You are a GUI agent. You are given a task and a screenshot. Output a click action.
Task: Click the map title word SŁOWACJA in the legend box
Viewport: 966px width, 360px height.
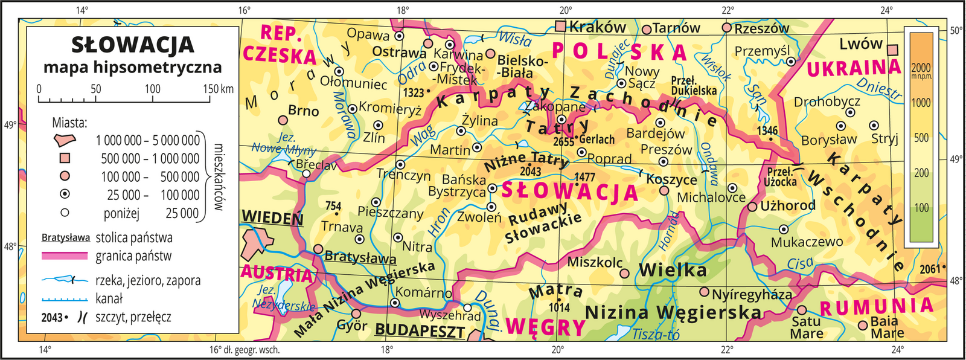133,44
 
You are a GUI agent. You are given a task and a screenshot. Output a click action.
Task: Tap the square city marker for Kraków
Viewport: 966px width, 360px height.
561,26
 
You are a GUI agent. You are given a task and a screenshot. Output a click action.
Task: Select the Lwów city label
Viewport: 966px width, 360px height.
860,43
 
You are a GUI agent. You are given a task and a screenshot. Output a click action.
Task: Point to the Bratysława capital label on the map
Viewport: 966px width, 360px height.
360,257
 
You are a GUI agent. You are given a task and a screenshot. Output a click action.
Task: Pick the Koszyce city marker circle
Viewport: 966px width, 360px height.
664,190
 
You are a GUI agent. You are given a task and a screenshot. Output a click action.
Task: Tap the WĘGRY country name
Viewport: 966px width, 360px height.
545,327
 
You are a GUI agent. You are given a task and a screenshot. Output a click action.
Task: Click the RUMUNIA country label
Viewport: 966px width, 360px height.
876,306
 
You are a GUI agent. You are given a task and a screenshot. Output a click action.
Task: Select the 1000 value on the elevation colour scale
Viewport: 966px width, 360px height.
921,103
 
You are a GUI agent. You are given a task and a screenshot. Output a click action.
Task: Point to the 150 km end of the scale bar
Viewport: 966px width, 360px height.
217,89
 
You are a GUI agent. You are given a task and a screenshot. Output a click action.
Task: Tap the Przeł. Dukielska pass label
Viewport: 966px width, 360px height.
694,86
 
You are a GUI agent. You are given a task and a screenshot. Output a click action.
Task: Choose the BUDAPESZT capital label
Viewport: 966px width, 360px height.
420,330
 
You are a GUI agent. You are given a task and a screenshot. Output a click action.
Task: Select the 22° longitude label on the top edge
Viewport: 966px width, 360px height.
728,10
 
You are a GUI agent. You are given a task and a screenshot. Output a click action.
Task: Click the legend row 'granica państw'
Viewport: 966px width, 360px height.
133,256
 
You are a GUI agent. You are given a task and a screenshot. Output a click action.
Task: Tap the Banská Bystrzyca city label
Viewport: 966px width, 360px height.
463,185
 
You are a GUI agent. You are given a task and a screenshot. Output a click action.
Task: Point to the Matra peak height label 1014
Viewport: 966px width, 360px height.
559,307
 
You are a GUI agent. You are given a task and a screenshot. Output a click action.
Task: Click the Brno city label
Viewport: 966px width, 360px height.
303,111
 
